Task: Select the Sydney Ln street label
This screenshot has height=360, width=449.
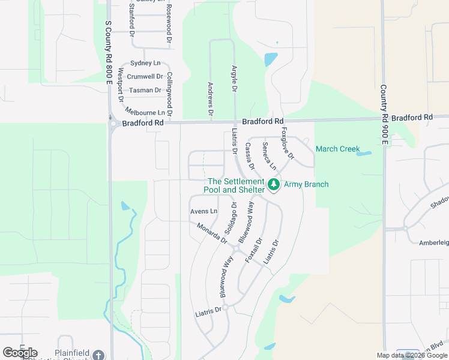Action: [x=145, y=63]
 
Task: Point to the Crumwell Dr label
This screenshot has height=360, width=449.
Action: [x=145, y=77]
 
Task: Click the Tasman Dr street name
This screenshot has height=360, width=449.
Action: [x=145, y=91]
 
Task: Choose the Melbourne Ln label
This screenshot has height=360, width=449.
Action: [x=145, y=112]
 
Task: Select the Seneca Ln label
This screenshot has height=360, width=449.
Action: [x=268, y=155]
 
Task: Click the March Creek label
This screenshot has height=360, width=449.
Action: [x=337, y=149]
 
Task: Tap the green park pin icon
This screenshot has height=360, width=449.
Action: [x=274, y=185]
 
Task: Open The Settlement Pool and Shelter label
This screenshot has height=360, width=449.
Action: [x=235, y=185]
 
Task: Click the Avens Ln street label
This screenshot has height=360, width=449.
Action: [x=203, y=211]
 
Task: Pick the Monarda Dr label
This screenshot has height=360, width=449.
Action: [x=212, y=233]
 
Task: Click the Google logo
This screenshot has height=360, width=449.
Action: [x=20, y=353]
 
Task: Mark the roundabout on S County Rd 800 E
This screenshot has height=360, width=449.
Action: [x=113, y=124]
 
